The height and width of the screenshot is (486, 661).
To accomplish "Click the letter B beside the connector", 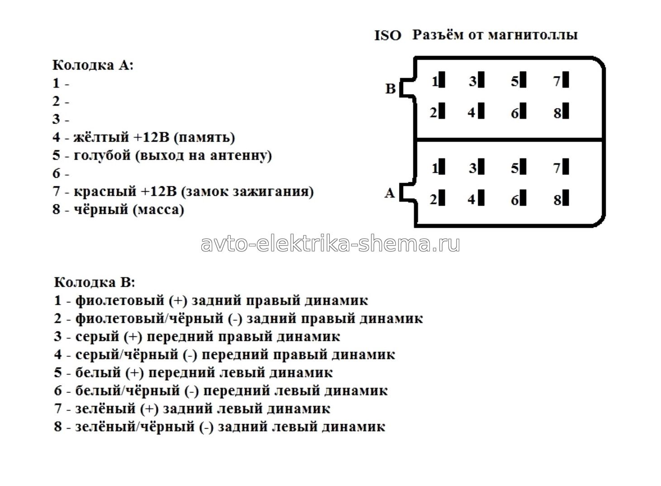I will (390, 89).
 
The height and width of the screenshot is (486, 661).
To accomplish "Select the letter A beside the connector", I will (390, 193).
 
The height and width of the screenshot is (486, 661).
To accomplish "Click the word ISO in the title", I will (388, 36).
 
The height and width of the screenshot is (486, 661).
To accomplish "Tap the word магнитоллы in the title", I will (533, 35).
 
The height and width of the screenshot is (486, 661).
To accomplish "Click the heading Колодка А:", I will (93, 65).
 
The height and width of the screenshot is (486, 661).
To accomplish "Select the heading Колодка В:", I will (95, 283).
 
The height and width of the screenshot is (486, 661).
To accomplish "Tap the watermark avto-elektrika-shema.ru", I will (330, 244).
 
